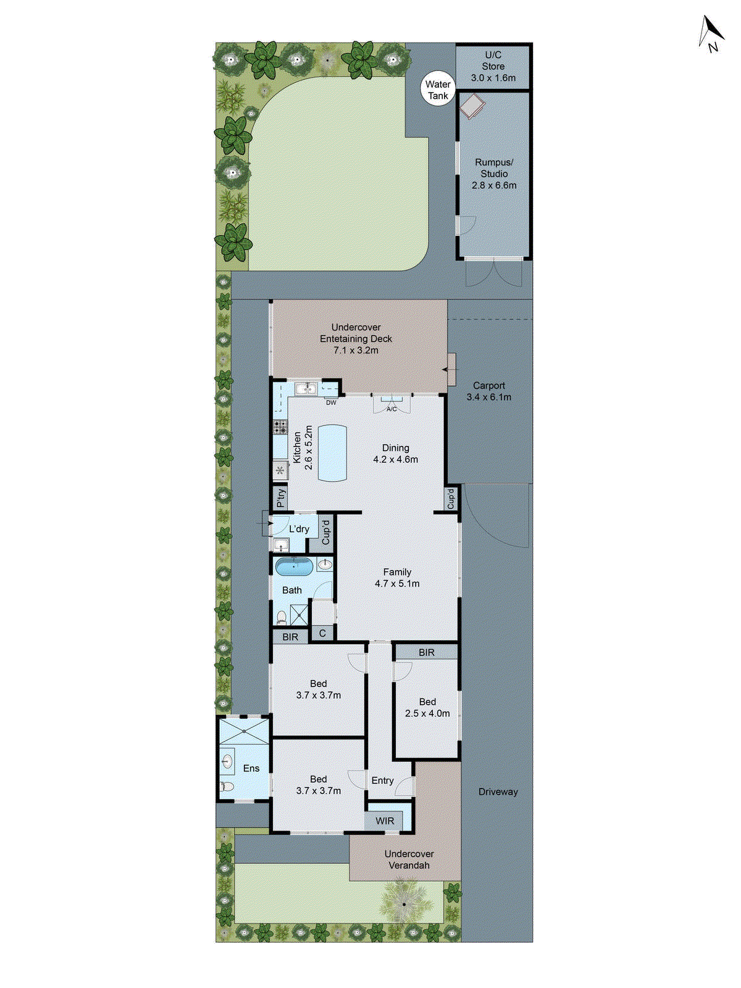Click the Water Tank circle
pos(438,90)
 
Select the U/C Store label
pos(493,61)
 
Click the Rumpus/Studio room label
pos(494,168)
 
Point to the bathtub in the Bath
pos(294,566)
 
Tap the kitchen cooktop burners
pos(280,427)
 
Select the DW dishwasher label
pos(332,403)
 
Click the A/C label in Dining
pos(391,409)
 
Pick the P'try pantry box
pos(280,498)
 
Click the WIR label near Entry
pos(385,821)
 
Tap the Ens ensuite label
pos(251,768)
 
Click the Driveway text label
pos(498,792)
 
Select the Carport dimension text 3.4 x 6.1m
pos(489,397)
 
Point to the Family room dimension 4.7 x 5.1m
pos(397,584)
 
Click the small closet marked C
pos(322,634)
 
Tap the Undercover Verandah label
pos(409,860)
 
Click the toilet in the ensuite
pos(225,787)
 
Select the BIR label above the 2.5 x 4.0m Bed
pos(427,652)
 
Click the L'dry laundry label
pos(299,529)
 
